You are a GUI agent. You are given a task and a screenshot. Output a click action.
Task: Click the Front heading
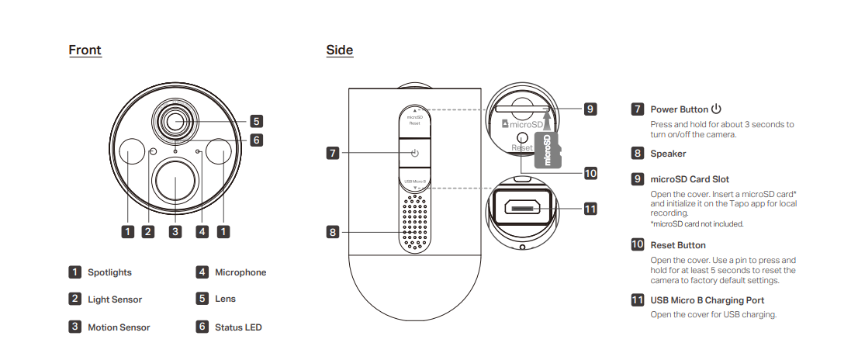[x=85, y=50]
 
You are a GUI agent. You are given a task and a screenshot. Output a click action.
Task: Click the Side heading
[x=340, y=50]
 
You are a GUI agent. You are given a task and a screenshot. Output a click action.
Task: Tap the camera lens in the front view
[x=175, y=120]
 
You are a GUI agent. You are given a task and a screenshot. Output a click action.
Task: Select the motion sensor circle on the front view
[x=175, y=181]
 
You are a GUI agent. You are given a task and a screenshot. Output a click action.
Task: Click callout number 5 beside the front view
[x=257, y=121]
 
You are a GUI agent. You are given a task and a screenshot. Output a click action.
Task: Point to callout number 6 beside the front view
[x=257, y=140]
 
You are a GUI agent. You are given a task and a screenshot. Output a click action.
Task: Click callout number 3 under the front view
[x=175, y=231]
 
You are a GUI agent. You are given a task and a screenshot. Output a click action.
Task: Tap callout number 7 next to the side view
[x=333, y=154]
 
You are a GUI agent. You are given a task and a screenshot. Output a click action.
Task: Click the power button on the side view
[x=415, y=154]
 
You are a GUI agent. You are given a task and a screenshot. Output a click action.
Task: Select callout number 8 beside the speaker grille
[x=333, y=231]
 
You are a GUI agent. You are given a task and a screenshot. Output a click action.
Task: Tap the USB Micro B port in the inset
[x=521, y=208]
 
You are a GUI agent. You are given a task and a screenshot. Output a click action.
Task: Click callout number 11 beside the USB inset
[x=590, y=208]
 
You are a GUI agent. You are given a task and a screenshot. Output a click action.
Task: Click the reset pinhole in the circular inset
[x=522, y=135]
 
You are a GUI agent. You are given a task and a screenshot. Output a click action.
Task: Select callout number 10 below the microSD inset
[x=590, y=173]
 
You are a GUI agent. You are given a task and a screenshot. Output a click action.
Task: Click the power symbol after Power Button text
[x=716, y=109]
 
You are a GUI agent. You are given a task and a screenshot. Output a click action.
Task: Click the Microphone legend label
[x=240, y=272]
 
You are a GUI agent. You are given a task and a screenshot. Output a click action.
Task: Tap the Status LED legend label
[x=238, y=327]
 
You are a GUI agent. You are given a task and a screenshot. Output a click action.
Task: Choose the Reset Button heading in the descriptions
[x=678, y=245]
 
